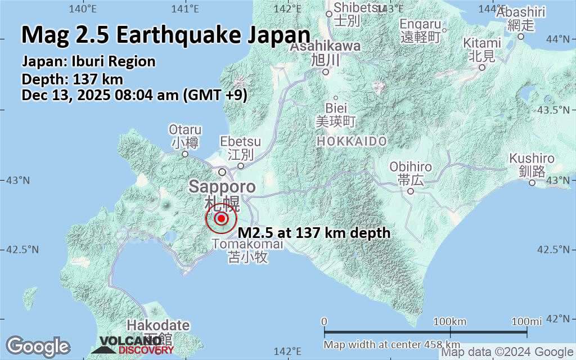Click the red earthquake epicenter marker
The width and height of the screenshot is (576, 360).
(221, 219)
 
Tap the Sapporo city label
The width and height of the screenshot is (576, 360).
(222, 187)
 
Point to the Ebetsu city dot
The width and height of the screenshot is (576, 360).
(241, 165)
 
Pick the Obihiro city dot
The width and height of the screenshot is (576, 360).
(411, 191)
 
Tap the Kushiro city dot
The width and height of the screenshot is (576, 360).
(532, 182)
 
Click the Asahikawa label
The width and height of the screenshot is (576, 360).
(325, 47)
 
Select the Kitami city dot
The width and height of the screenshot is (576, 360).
(481, 67)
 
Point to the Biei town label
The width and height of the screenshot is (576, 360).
(336, 107)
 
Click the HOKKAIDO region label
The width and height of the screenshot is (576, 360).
(352, 141)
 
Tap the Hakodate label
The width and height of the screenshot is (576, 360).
(158, 325)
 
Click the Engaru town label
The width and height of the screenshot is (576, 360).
(420, 24)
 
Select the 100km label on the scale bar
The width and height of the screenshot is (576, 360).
(451, 321)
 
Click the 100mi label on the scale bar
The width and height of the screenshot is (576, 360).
(526, 321)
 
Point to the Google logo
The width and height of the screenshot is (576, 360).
(38, 346)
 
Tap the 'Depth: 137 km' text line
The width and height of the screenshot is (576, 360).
(72, 79)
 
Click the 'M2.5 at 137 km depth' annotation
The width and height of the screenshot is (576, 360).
(314, 232)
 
